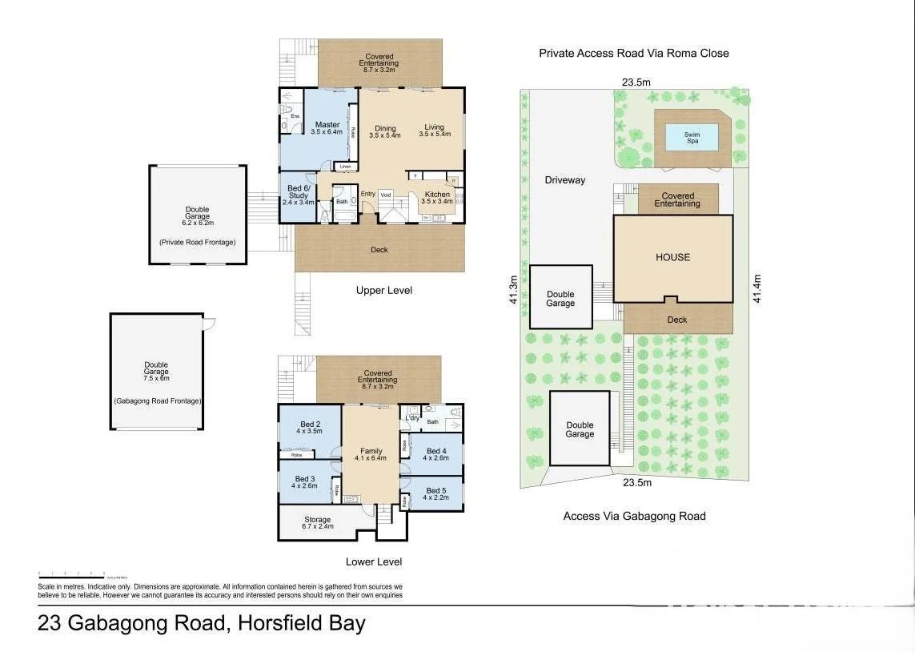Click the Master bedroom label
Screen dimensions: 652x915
tap(327, 128)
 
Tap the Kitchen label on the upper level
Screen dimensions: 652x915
tap(437, 197)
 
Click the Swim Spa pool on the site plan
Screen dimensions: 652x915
tap(692, 138)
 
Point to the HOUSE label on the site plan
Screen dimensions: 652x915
tap(672, 257)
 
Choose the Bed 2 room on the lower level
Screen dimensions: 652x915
tap(310, 428)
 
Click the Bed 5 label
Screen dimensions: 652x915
tap(436, 493)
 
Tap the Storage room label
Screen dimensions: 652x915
tap(318, 523)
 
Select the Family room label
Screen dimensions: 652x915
tap(371, 454)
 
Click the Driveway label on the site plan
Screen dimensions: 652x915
tap(565, 180)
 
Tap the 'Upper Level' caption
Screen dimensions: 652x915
tap(384, 290)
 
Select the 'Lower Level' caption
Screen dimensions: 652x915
tap(373, 561)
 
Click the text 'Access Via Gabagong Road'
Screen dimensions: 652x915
tap(634, 516)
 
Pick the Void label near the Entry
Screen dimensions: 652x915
tap(385, 195)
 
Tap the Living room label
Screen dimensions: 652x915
tap(434, 131)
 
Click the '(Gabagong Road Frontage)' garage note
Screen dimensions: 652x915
tap(157, 400)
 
